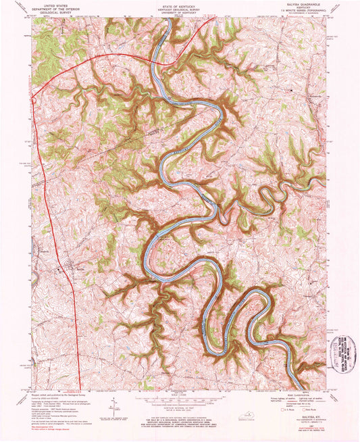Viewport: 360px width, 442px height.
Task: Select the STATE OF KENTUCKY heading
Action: tap(179, 3)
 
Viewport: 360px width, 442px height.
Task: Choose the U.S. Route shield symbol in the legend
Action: tap(283, 410)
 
